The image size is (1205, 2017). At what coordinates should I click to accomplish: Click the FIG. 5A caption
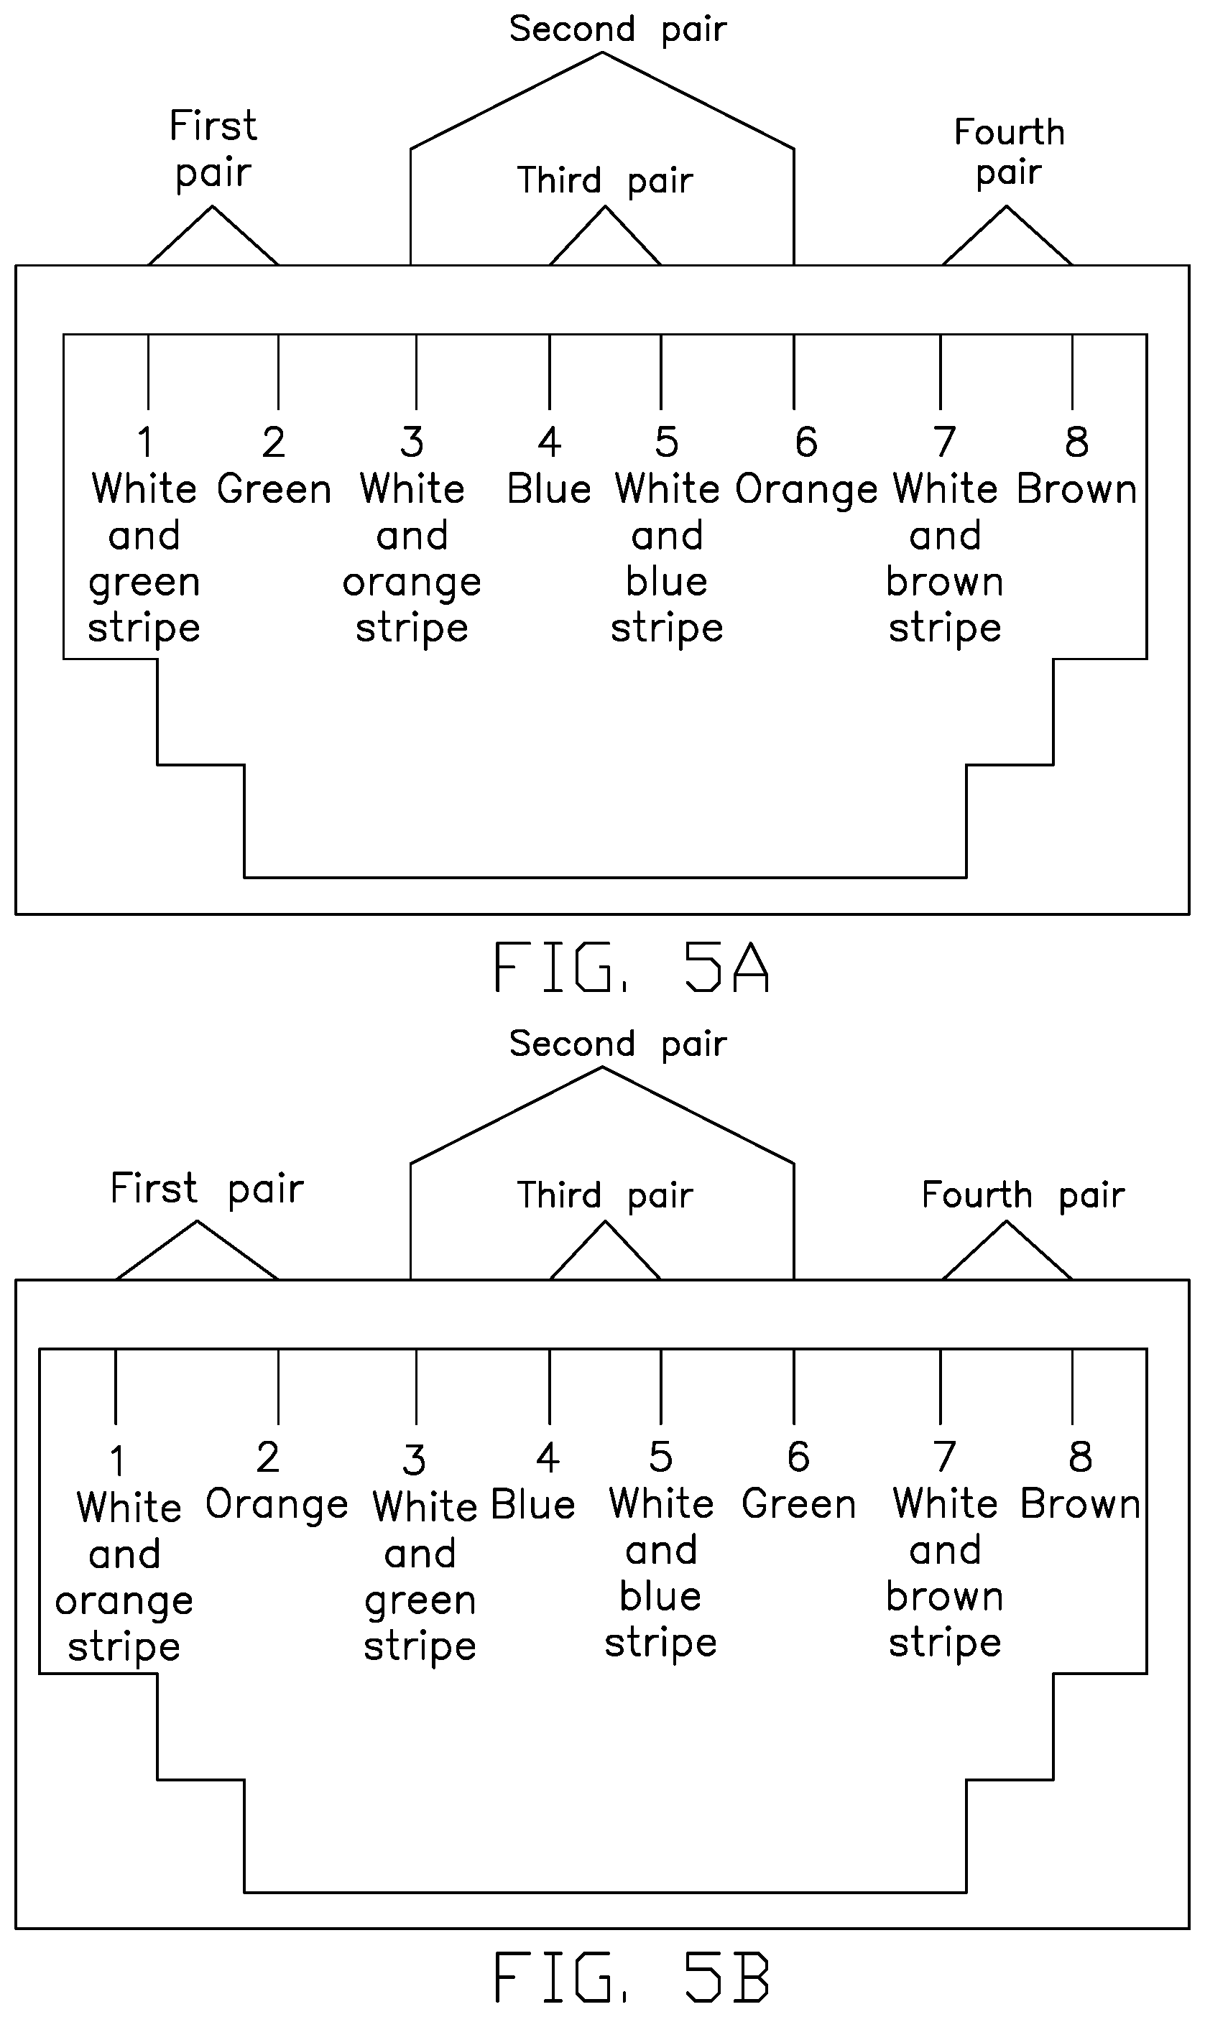click(x=630, y=967)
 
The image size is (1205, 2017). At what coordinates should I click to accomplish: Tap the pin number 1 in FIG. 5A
click(x=145, y=442)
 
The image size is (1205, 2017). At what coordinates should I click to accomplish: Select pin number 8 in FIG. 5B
click(x=1080, y=1456)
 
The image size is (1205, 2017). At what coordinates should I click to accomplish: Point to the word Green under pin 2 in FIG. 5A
click(x=274, y=489)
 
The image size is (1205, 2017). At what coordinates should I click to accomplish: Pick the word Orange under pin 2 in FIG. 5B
click(x=277, y=1506)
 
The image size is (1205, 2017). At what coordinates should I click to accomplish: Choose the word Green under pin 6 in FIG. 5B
click(x=799, y=1504)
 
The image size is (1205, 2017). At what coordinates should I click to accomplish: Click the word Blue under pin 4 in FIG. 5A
click(x=549, y=489)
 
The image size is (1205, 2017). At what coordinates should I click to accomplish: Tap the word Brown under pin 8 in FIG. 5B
click(x=1081, y=1504)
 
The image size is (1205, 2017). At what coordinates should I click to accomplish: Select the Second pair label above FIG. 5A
click(x=618, y=30)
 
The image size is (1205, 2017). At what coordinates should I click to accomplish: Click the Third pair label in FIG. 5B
click(x=605, y=1195)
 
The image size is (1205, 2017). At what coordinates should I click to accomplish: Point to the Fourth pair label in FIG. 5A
click(x=1010, y=152)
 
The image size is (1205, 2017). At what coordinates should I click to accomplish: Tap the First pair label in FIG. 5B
click(x=207, y=1189)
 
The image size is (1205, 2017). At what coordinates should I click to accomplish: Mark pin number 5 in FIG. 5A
click(x=667, y=442)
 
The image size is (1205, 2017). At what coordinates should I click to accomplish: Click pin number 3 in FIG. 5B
click(x=414, y=1460)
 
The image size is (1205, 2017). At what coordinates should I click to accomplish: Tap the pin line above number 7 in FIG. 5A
click(x=941, y=372)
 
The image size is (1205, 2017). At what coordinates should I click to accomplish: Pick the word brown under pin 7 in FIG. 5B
click(x=945, y=1597)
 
